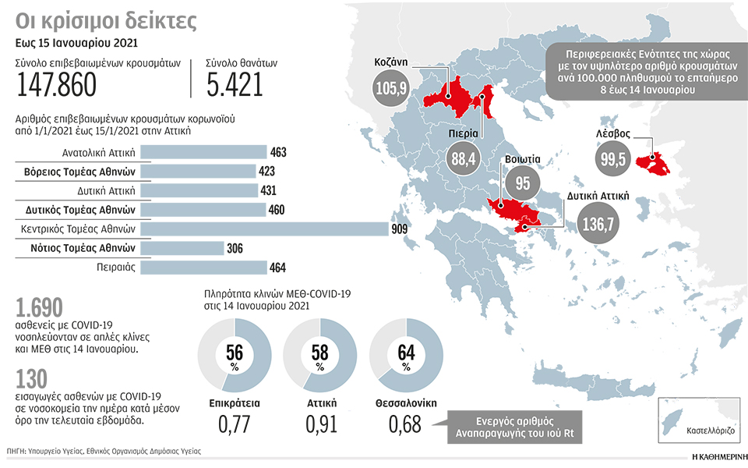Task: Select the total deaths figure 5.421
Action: pyautogui.click(x=235, y=85)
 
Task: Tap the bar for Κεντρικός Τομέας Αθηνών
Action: pyautogui.click(x=266, y=229)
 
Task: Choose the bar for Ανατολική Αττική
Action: pyautogui.click(x=204, y=152)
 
